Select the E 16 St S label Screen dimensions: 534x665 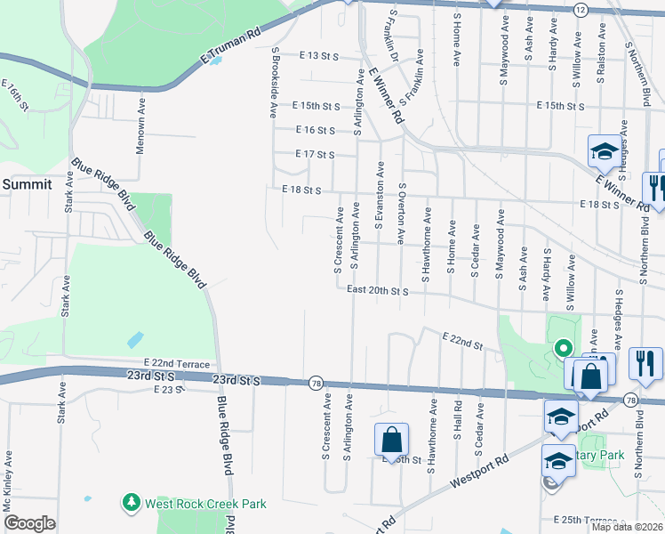(x=315, y=130)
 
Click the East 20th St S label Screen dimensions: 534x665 (x=377, y=290)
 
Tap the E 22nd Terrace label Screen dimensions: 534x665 (x=177, y=365)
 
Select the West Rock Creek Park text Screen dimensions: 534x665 (x=205, y=504)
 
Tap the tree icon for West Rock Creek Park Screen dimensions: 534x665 (x=132, y=504)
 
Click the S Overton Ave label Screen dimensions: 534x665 (x=402, y=214)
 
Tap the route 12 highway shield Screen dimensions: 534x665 (x=580, y=8)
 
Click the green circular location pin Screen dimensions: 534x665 (x=562, y=348)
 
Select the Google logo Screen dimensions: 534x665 (x=29, y=523)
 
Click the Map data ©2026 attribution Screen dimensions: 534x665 (x=627, y=527)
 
